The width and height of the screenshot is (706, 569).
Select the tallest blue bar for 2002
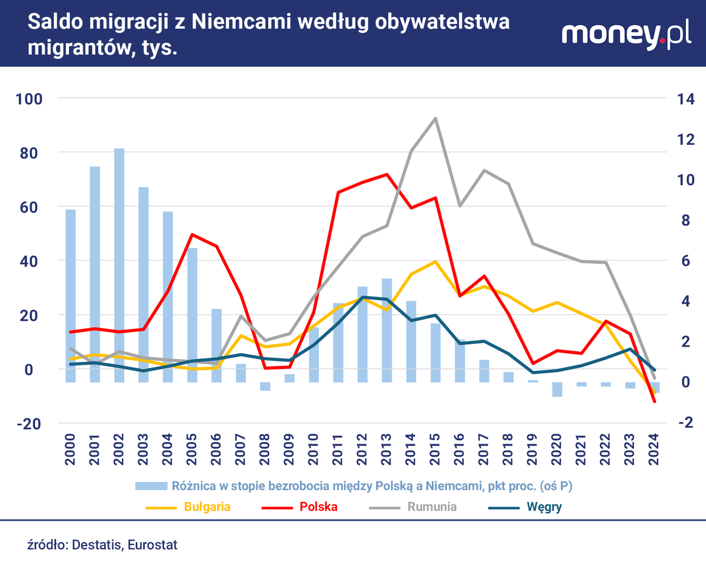[119, 265]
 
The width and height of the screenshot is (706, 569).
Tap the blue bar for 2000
[71, 295]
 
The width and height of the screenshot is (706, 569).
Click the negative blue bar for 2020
[557, 389]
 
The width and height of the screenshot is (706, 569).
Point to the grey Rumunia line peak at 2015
[435, 118]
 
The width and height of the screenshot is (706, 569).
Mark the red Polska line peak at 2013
[387, 174]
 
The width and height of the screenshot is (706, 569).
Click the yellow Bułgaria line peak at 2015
[435, 261]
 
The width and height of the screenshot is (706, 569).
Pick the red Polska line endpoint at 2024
[654, 401]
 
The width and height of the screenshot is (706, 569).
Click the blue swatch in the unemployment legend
[151, 486]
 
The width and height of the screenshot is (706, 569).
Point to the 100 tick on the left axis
[29, 99]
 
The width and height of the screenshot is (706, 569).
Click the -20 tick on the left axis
[29, 424]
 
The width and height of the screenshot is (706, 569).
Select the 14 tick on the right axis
[686, 99]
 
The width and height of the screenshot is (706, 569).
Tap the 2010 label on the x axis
[314, 449]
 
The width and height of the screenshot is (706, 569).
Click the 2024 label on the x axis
[654, 449]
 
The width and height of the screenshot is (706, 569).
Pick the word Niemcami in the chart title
[241, 22]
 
